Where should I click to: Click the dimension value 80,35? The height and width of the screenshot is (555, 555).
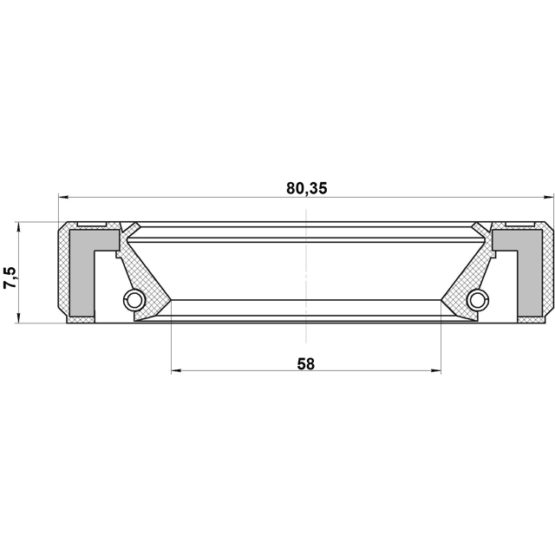(x=307, y=188)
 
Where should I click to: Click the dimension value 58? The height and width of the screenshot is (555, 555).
(x=306, y=364)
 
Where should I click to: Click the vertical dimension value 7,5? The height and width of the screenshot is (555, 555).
(x=10, y=277)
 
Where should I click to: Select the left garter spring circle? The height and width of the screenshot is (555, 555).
(x=134, y=301)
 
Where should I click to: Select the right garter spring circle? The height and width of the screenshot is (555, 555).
(x=478, y=301)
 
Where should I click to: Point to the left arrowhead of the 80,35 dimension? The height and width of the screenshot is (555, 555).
(x=63, y=198)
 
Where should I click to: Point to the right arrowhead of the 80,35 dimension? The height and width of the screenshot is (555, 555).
(x=548, y=198)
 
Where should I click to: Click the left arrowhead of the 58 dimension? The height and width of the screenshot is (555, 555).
(x=176, y=370)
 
